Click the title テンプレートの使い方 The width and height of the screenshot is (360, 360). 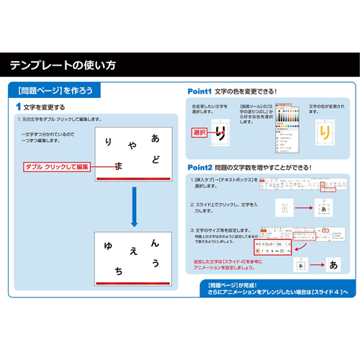tap(63, 66)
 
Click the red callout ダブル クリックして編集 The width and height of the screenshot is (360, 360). tap(56, 166)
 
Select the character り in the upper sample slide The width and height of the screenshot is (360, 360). tap(108, 143)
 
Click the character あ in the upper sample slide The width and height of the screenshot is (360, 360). tap(155, 138)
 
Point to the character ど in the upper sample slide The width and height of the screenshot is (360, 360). tap(156, 158)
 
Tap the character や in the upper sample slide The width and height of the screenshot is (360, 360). tap(132, 147)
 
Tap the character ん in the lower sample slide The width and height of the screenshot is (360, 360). tap(156, 243)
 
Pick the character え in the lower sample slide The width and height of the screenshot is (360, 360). tap(133, 252)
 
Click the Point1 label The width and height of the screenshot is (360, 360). tap(199, 91)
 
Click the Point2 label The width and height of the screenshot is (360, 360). tap(199, 166)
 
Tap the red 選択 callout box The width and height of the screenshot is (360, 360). tap(199, 133)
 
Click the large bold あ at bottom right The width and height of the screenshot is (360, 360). tap(333, 264)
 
